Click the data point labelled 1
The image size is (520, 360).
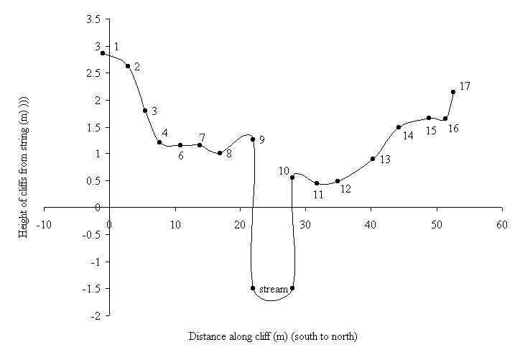click(103, 53)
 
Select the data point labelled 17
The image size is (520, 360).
click(453, 92)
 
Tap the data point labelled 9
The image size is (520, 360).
click(253, 139)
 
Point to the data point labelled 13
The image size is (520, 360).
click(373, 159)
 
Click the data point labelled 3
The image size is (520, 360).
click(145, 111)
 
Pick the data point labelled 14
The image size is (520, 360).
click(398, 127)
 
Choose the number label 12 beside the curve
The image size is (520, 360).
click(345, 189)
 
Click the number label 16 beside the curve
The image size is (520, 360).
click(452, 129)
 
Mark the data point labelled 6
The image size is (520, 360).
click(180, 145)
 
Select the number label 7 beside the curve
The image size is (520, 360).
click(203, 137)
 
